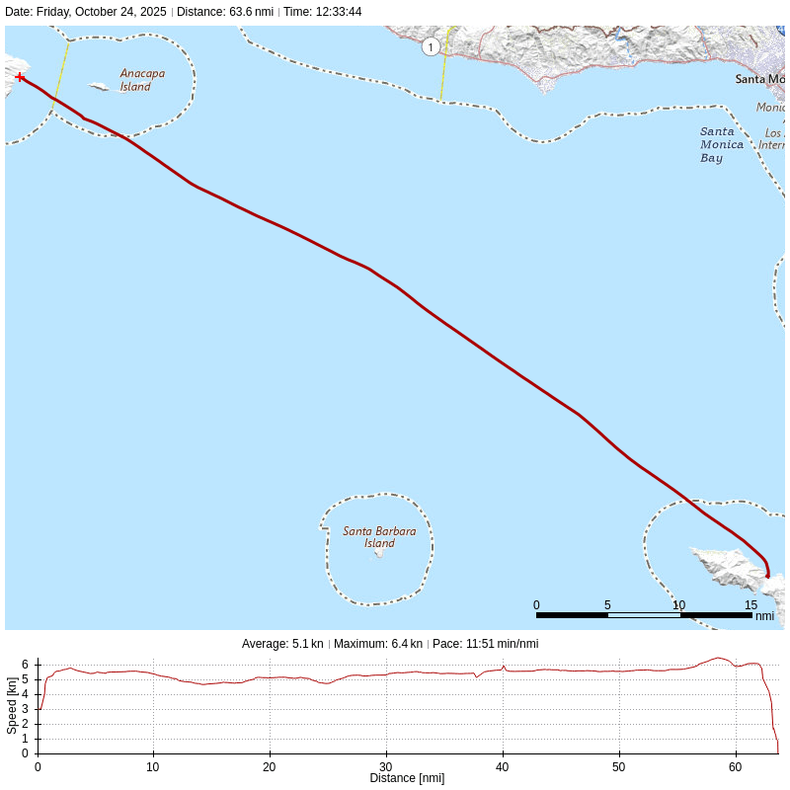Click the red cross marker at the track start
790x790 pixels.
(x=20, y=77)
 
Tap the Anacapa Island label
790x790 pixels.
(x=142, y=80)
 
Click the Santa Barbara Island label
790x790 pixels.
(x=379, y=537)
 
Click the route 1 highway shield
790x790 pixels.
(x=431, y=47)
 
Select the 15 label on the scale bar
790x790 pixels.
(x=750, y=605)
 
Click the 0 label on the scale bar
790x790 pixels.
(x=536, y=605)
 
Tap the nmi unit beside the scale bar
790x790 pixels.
(x=764, y=616)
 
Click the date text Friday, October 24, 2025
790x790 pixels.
(x=102, y=12)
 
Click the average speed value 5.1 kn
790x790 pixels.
(x=307, y=644)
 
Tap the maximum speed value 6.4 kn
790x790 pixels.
(x=406, y=644)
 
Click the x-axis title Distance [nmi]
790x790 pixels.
(x=407, y=778)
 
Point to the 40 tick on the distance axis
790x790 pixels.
(x=503, y=766)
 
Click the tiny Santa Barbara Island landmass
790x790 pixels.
(x=379, y=554)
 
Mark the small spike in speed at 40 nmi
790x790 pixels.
(x=504, y=667)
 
